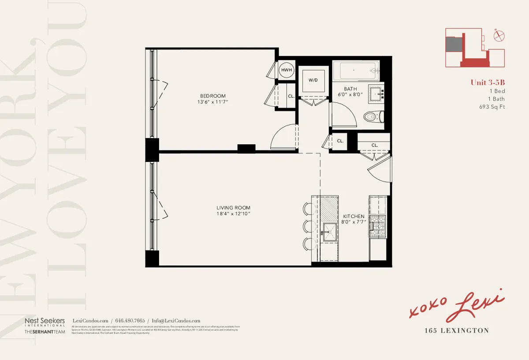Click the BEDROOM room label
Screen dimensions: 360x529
point(212,96)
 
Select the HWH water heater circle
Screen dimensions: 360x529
point(287,70)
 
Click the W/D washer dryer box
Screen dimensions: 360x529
point(313,80)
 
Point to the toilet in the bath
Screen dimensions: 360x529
point(373,117)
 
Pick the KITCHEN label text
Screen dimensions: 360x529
point(354,216)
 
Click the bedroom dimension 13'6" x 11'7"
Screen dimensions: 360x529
point(212,102)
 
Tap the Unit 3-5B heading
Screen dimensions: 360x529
point(488,82)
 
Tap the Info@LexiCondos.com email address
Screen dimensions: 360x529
point(175,321)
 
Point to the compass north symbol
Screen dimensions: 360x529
point(499,36)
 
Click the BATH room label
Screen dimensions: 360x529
point(350,89)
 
